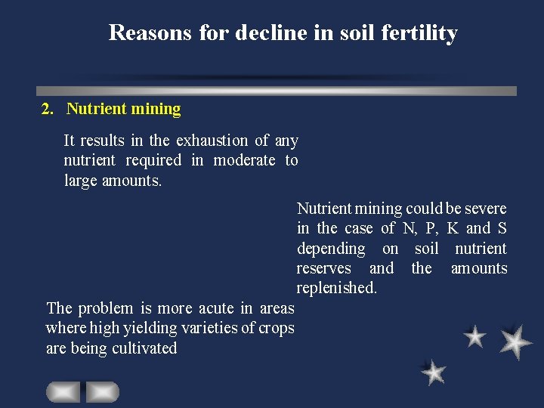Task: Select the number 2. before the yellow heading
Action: pos(48,109)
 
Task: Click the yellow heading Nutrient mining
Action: pos(124,109)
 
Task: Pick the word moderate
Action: pos(244,160)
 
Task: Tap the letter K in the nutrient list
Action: pos(453,228)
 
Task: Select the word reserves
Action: pos(324,268)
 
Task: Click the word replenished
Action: pos(336,288)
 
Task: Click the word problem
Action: pos(105,308)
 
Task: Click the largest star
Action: pos(515,342)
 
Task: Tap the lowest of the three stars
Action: pos(434,372)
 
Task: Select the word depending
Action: pos(331,249)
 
